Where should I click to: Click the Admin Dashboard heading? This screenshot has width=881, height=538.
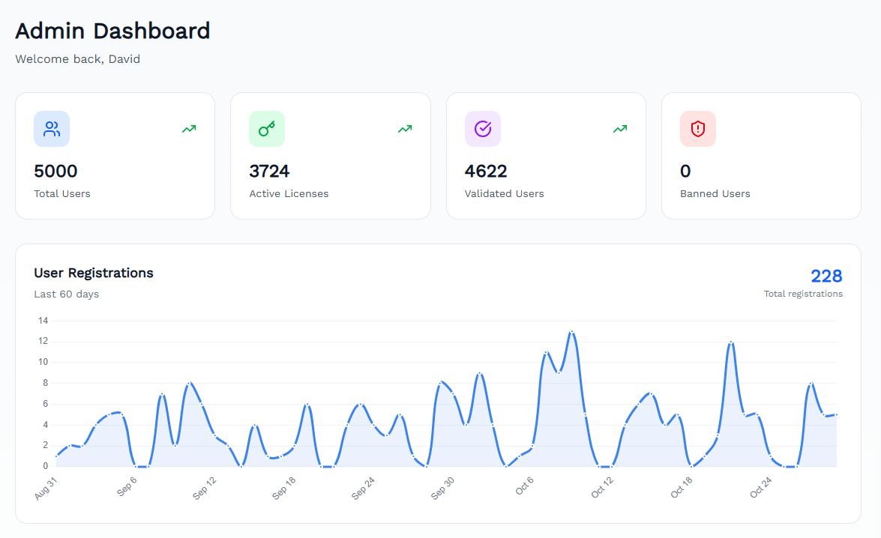point(112,31)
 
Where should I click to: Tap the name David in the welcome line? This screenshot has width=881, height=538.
point(124,59)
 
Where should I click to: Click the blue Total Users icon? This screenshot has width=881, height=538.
point(52,129)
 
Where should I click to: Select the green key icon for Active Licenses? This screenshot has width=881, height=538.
point(267,129)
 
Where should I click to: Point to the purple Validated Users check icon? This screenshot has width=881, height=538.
point(483,129)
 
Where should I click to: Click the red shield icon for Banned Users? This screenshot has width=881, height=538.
point(698,129)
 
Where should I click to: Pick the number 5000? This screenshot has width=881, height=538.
point(55,172)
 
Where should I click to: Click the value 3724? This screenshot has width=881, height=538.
point(269,172)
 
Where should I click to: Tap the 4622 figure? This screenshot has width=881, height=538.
point(486,172)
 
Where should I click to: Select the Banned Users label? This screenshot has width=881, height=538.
point(715,193)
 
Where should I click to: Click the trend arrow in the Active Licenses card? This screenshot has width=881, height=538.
point(405,129)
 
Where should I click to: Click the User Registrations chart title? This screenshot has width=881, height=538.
point(94,273)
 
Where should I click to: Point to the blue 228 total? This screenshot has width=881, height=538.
point(826,276)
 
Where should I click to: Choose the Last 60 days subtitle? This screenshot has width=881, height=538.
point(66,294)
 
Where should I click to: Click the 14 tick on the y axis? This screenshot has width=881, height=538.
point(43,321)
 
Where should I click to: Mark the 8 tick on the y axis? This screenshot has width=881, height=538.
point(45,383)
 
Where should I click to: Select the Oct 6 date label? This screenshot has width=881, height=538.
point(523,486)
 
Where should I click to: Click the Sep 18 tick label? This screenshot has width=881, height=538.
point(284,489)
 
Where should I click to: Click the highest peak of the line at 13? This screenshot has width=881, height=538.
point(572,331)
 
